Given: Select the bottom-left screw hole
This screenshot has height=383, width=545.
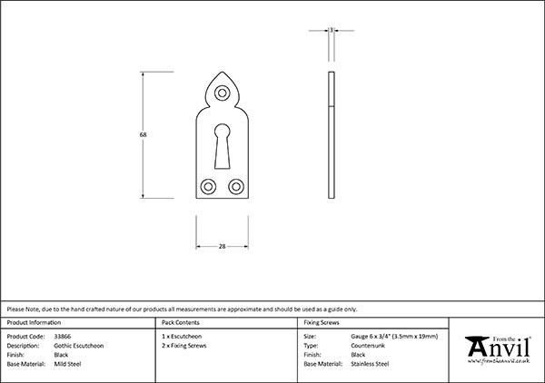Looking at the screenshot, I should (x=208, y=186).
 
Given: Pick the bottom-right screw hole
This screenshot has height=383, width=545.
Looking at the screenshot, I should (x=237, y=186).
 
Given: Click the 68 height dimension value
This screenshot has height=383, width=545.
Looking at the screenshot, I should (x=144, y=134).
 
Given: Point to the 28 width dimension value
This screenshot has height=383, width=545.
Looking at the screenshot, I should (x=223, y=246).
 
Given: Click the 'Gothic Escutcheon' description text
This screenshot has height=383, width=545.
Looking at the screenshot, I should (x=79, y=345).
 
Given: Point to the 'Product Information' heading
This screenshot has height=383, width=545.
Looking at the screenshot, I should (x=35, y=322).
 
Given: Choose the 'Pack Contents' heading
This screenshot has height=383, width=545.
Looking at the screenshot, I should (x=180, y=322).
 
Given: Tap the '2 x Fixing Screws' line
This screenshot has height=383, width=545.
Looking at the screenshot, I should (x=183, y=345).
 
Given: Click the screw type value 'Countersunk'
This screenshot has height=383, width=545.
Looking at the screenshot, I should (x=368, y=345).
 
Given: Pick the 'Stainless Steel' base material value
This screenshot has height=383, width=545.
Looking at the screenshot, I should (x=370, y=363).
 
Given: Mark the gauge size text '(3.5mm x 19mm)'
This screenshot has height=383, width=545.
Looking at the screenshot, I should (x=415, y=336).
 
